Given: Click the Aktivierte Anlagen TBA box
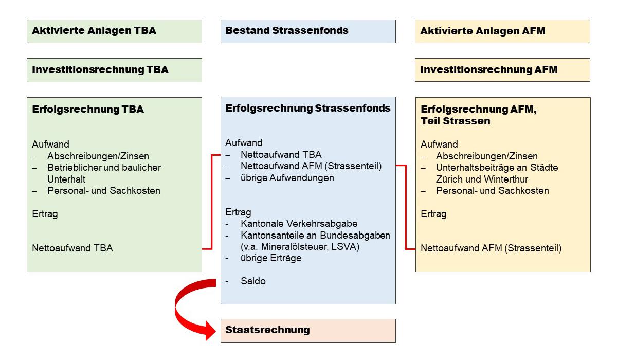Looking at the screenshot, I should (x=114, y=31).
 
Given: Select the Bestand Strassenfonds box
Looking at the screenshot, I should (x=308, y=31).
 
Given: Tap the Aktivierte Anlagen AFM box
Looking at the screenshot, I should (x=502, y=31).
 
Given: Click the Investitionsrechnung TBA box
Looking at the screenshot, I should (x=114, y=70).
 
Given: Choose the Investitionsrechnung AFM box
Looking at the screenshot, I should (x=502, y=70).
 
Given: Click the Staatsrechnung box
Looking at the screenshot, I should (x=308, y=330).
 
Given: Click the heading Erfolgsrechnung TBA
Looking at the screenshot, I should (x=88, y=110).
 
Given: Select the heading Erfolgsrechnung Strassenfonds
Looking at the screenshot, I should (x=308, y=109).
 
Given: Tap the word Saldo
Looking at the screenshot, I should (x=253, y=281).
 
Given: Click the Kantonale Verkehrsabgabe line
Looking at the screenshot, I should (x=299, y=224).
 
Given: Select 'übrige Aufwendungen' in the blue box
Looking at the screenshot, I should (x=287, y=178).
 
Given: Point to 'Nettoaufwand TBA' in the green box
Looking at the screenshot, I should (x=72, y=248).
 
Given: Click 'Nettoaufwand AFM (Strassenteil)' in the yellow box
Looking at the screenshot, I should (x=491, y=248).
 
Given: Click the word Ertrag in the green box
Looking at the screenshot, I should (x=45, y=214).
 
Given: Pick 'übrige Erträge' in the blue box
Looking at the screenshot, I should (x=270, y=258).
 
